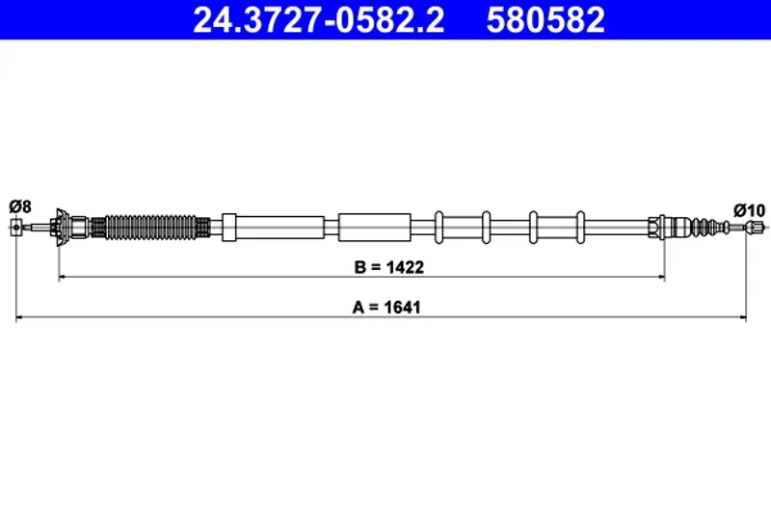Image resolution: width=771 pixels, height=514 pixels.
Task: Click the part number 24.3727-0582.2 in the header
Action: pyautogui.click(x=318, y=20)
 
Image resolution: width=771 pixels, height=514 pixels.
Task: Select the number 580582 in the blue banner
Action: pyautogui.click(x=545, y=20)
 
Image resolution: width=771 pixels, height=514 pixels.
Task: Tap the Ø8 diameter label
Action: pyautogui.click(x=20, y=206)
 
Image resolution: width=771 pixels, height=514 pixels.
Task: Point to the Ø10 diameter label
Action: pyautogui.click(x=750, y=210)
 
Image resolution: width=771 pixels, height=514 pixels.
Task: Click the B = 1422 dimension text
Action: pyautogui.click(x=389, y=267)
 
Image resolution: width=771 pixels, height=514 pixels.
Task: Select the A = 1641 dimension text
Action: pyautogui.click(x=386, y=308)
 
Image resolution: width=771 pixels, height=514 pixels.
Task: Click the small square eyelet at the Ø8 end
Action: pyautogui.click(x=16, y=228)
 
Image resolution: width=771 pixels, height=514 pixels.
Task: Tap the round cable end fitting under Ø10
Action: pyautogui.click(x=751, y=228)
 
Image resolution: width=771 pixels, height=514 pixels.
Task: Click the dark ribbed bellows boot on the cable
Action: pyautogui.click(x=151, y=228)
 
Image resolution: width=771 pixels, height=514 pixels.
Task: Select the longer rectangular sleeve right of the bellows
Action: pyautogui.click(x=274, y=228)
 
